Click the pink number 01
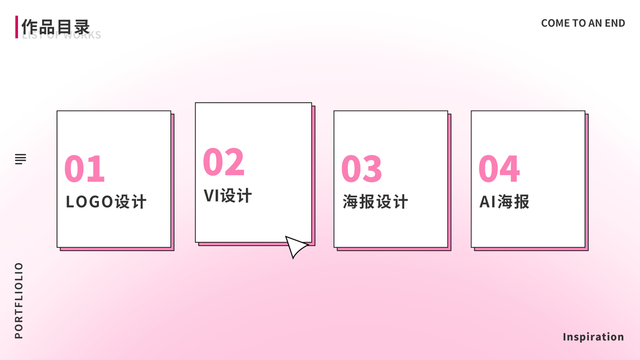85,169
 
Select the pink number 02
224,162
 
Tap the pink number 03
361,169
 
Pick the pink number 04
499,169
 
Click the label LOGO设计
106,202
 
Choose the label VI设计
228,196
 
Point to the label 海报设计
375,202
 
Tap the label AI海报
504,202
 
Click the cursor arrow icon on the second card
295,246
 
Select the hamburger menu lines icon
21,159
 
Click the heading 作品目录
55,26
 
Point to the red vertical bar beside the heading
17,27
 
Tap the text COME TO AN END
583,23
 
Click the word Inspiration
593,337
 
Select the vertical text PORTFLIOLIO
19,301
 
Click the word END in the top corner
615,23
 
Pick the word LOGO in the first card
89,202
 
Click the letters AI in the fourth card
486,202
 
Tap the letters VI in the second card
211,196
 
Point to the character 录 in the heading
82,26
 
